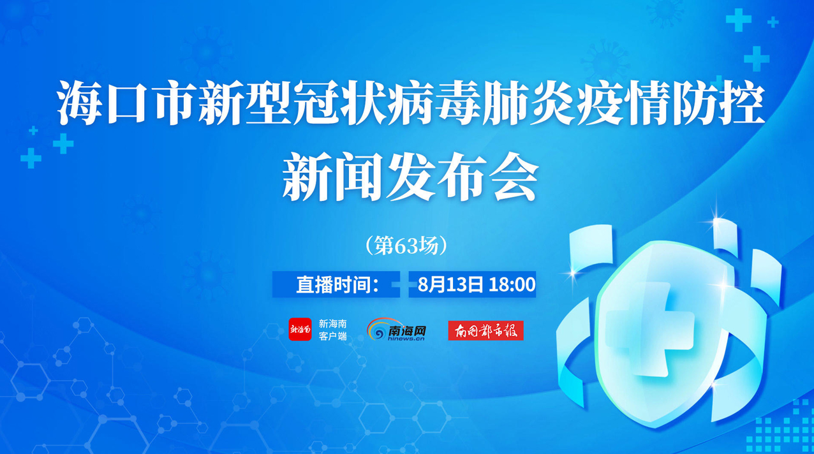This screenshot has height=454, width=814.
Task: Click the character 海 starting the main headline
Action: pyautogui.click(x=79, y=103)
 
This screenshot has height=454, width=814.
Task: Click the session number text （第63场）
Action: pyautogui.click(x=406, y=246)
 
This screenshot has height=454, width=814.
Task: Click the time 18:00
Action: pyautogui.click(x=512, y=284)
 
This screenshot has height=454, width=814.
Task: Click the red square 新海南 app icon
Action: pyautogui.click(x=300, y=329)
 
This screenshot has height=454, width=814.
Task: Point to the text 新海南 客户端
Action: pyautogui.click(x=332, y=330)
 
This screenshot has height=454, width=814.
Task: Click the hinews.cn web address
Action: pyautogui.click(x=406, y=339)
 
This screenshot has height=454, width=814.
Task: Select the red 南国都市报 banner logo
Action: pyautogui.click(x=485, y=330)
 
